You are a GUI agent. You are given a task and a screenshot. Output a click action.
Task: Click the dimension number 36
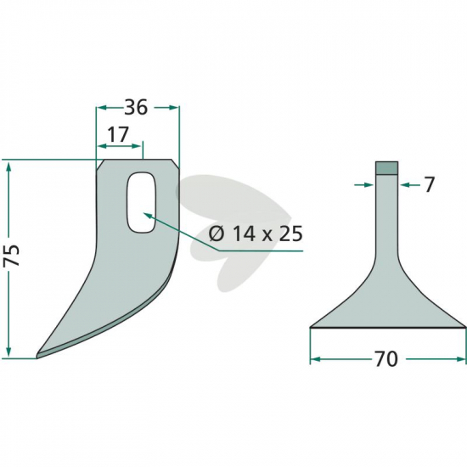(136, 107)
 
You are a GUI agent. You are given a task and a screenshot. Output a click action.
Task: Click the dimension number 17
(118, 134)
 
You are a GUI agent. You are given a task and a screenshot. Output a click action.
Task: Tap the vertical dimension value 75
(13, 256)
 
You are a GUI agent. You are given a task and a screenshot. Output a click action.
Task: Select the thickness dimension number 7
(429, 185)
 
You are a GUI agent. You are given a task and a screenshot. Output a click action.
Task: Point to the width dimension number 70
(385, 359)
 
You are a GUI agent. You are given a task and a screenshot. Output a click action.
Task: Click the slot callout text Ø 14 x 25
(256, 233)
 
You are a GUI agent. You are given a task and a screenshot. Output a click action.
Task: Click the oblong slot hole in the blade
(141, 202)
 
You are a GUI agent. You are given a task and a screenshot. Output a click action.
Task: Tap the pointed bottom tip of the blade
(37, 357)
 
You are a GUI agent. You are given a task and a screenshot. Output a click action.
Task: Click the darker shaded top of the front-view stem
(386, 167)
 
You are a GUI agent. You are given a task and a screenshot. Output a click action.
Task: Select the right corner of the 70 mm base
(465, 327)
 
